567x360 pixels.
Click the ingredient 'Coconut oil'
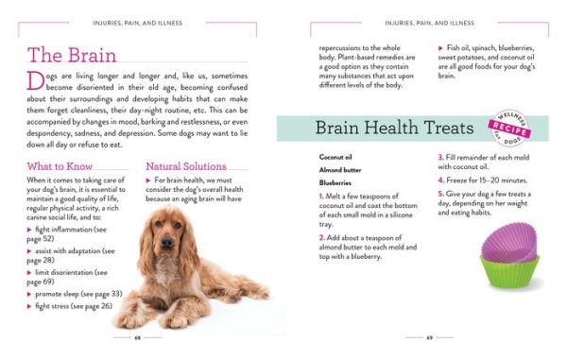click(335, 157)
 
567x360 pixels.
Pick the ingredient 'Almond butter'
click(340, 170)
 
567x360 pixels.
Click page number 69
click(430, 336)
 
